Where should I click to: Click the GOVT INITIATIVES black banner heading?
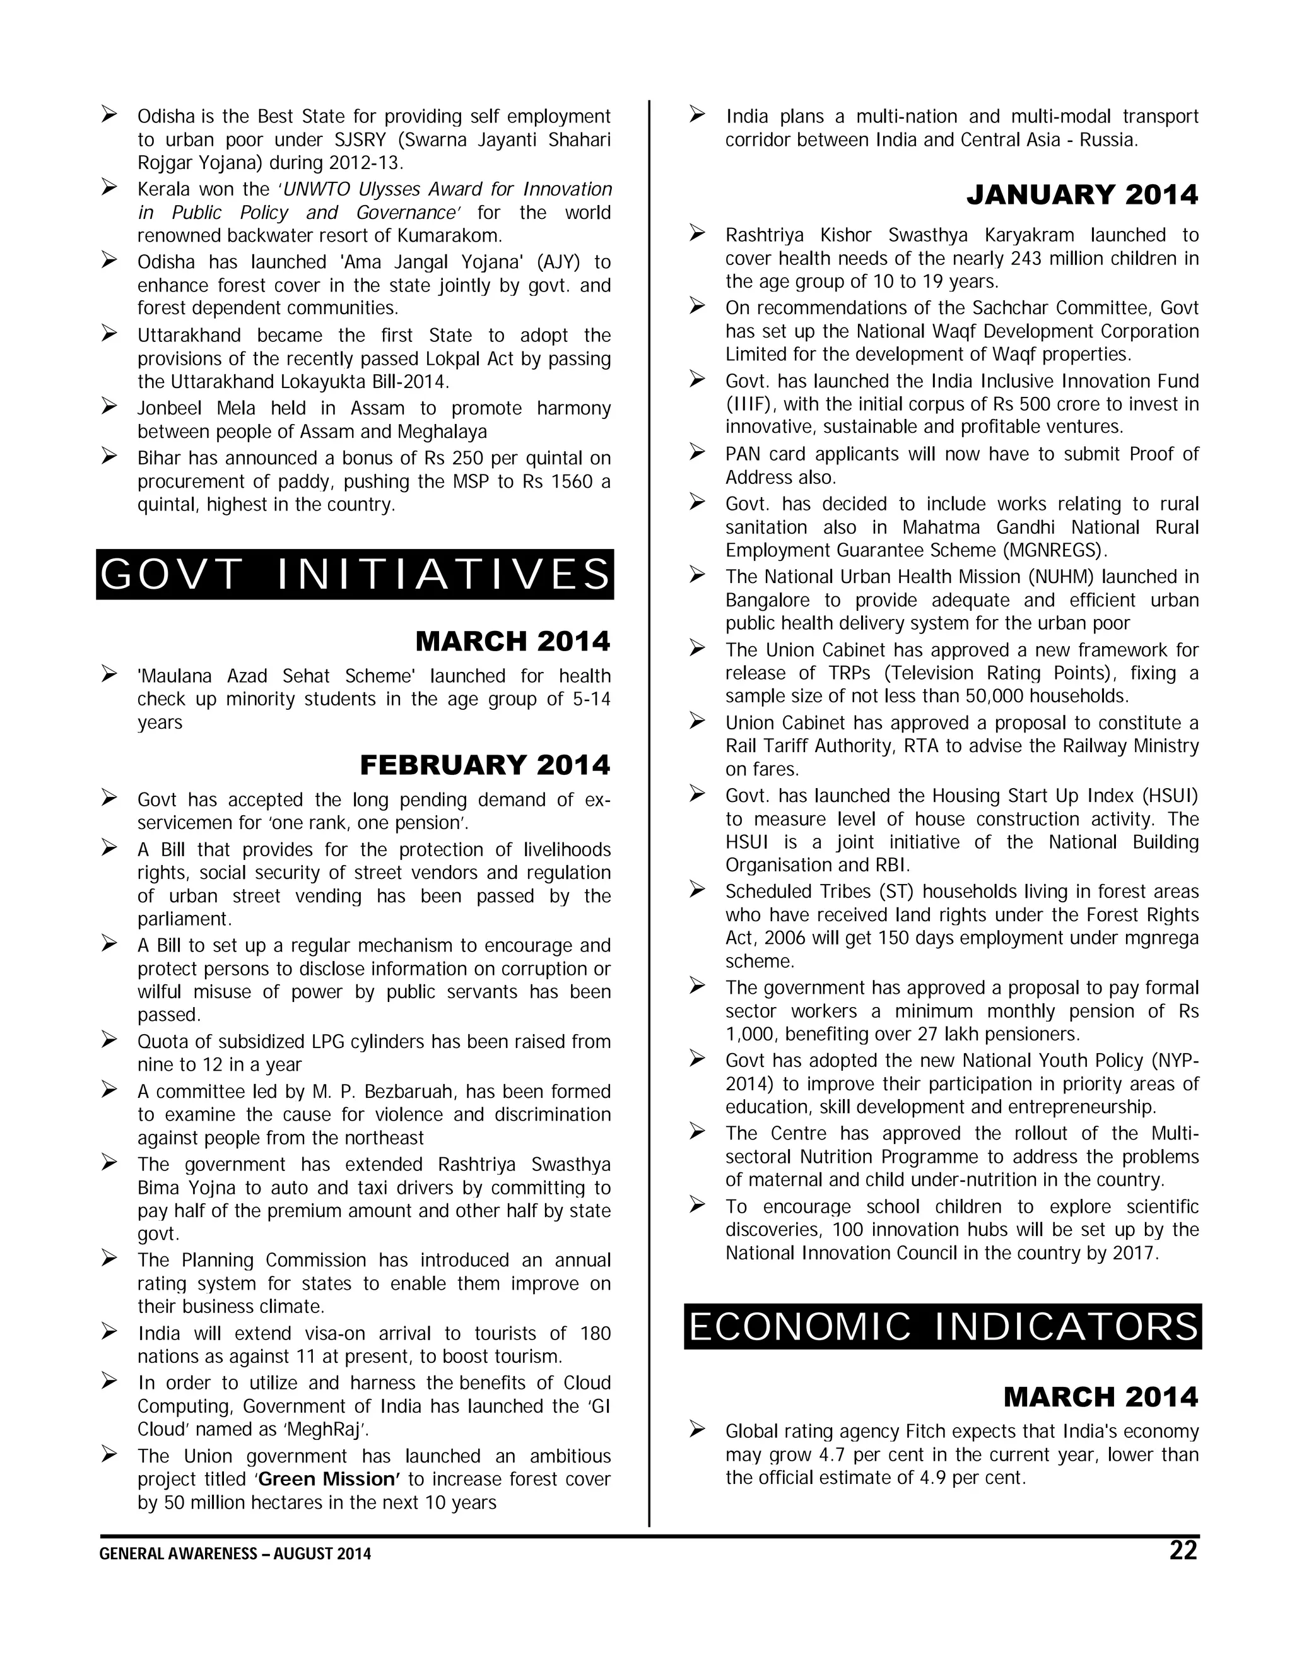point(355,574)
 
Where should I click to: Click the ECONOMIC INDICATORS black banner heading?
point(943,1327)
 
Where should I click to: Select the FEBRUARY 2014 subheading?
point(485,765)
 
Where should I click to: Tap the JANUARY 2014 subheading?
point(1082,196)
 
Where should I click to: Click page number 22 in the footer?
point(1183,1550)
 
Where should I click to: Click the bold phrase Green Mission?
point(328,1479)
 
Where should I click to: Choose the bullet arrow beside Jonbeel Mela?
point(109,408)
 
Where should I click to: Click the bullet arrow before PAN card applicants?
point(697,453)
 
